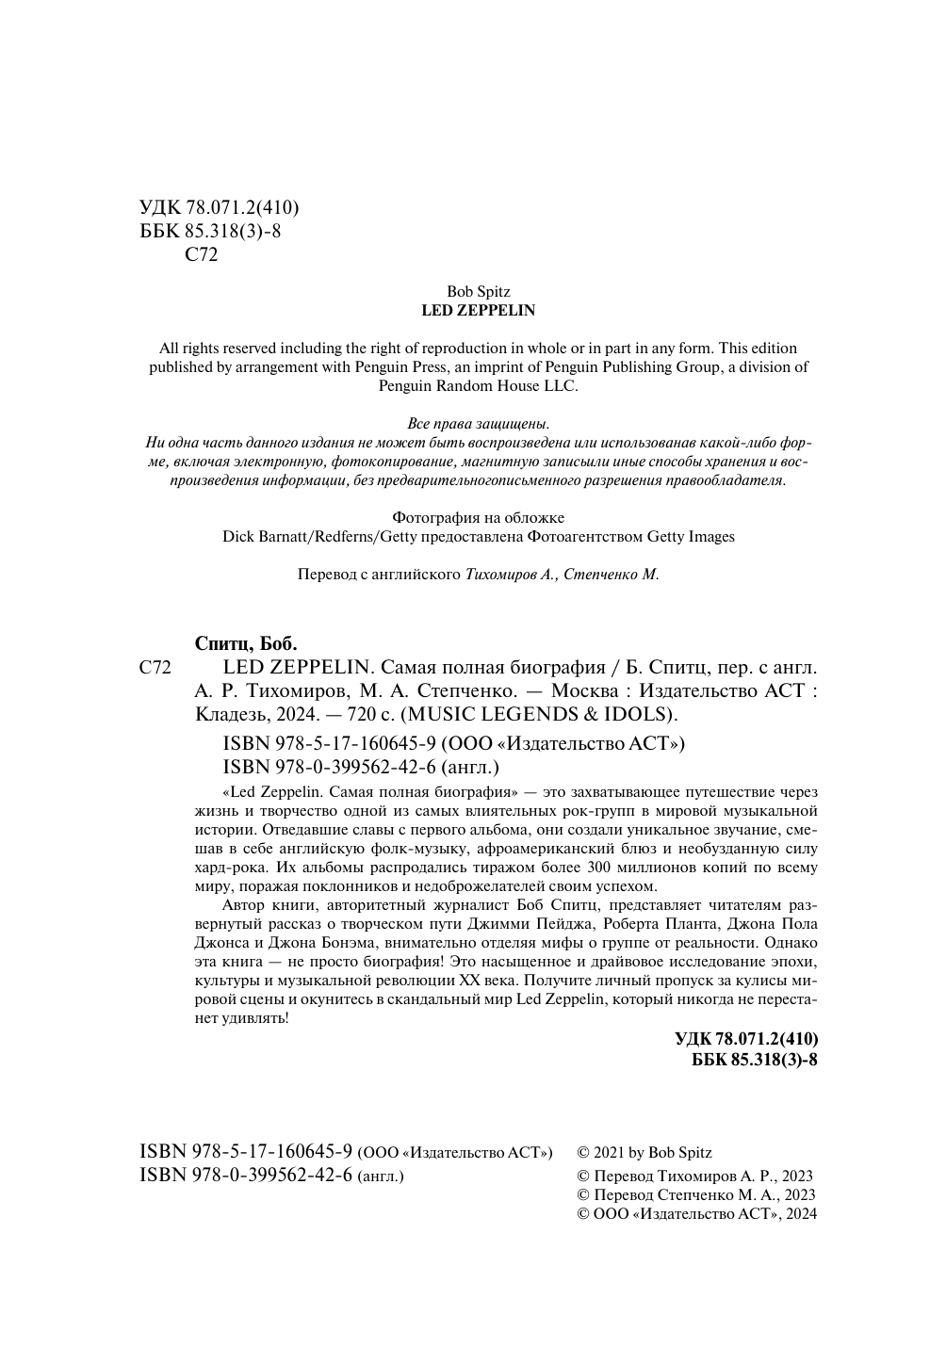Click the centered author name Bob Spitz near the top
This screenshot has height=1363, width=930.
(478, 292)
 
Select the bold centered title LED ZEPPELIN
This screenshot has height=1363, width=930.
(478, 310)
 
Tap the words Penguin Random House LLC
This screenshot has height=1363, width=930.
(478, 386)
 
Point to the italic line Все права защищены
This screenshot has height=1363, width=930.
(478, 423)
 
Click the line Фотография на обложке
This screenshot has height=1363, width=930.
(478, 517)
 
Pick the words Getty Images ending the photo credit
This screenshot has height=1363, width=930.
(690, 536)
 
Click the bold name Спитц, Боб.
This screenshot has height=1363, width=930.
(245, 644)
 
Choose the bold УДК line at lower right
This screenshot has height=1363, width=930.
(746, 1039)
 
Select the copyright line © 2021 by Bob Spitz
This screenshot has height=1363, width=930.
(644, 1152)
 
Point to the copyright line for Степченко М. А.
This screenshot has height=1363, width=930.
(695, 1194)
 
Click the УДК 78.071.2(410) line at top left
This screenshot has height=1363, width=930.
(220, 208)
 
